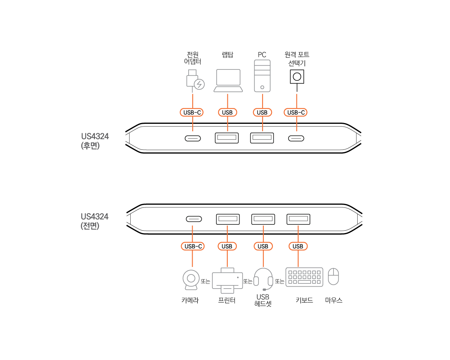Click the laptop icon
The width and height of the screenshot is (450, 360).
pos(228,80)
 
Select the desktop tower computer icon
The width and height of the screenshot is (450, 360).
pos(262,76)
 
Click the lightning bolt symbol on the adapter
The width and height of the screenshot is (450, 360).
pos(200,84)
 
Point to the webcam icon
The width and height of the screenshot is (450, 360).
pos(191,280)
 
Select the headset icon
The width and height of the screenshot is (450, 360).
pos(263,279)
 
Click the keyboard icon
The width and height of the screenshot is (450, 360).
pos(304,277)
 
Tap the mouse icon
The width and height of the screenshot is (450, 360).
pos(334,276)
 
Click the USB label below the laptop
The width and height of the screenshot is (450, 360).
pos(227,112)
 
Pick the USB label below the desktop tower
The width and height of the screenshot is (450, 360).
pos(262,112)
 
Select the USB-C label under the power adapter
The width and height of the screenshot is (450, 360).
pos(192,112)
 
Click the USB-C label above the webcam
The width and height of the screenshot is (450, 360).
pos(193,246)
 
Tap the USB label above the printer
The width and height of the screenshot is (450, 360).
pos(227,246)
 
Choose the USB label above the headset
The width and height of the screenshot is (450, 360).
pos(263,246)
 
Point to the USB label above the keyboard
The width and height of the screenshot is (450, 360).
pos(298,246)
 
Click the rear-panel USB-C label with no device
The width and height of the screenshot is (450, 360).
pos(296,112)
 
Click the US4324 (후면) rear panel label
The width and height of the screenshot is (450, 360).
pos(95,141)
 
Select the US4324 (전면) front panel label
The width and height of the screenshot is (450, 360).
pos(94,221)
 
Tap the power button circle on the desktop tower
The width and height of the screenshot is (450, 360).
pos(262,87)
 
